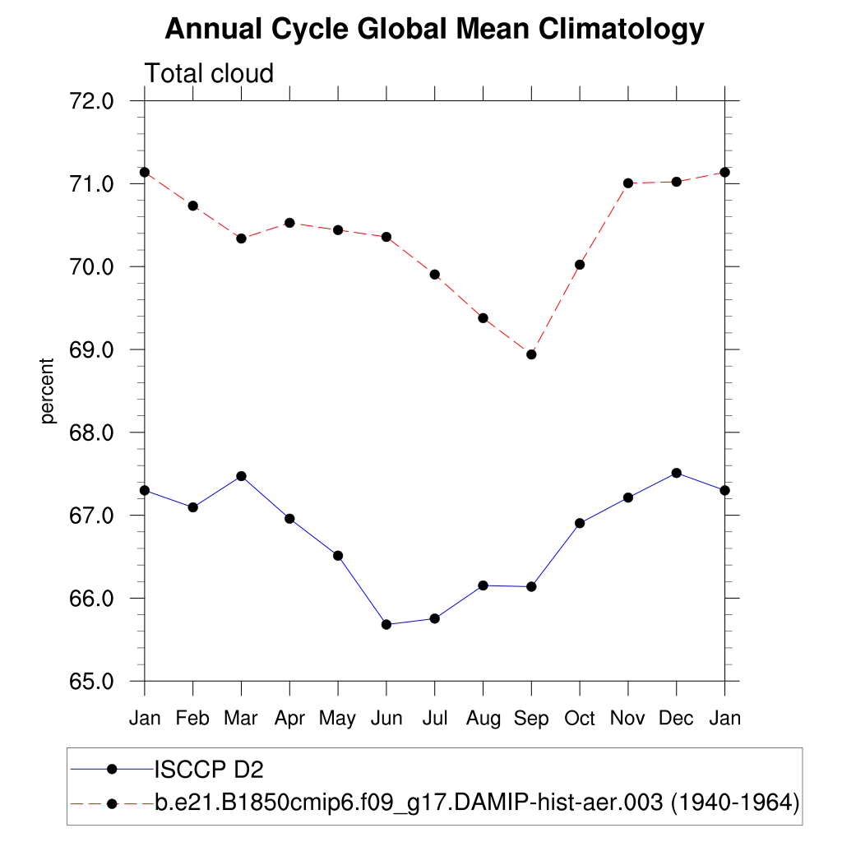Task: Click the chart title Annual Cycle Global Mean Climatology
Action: tap(434, 30)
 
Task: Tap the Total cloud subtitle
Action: tap(209, 74)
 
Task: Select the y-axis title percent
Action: tap(49, 391)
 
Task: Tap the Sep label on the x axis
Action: tap(531, 719)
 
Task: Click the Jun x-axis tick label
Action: tap(386, 719)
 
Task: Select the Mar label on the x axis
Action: tap(241, 719)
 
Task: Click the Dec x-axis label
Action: tap(677, 719)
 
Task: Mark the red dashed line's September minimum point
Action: tap(531, 354)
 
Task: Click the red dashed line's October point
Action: tap(580, 265)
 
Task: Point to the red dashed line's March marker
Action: tap(241, 238)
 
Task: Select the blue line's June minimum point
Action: tap(386, 624)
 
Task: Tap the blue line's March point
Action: tap(241, 476)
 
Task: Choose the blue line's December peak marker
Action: tap(677, 473)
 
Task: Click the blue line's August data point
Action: tap(483, 585)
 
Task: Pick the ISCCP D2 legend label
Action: tap(209, 770)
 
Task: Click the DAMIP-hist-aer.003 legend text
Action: tap(477, 803)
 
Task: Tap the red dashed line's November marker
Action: tap(628, 183)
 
